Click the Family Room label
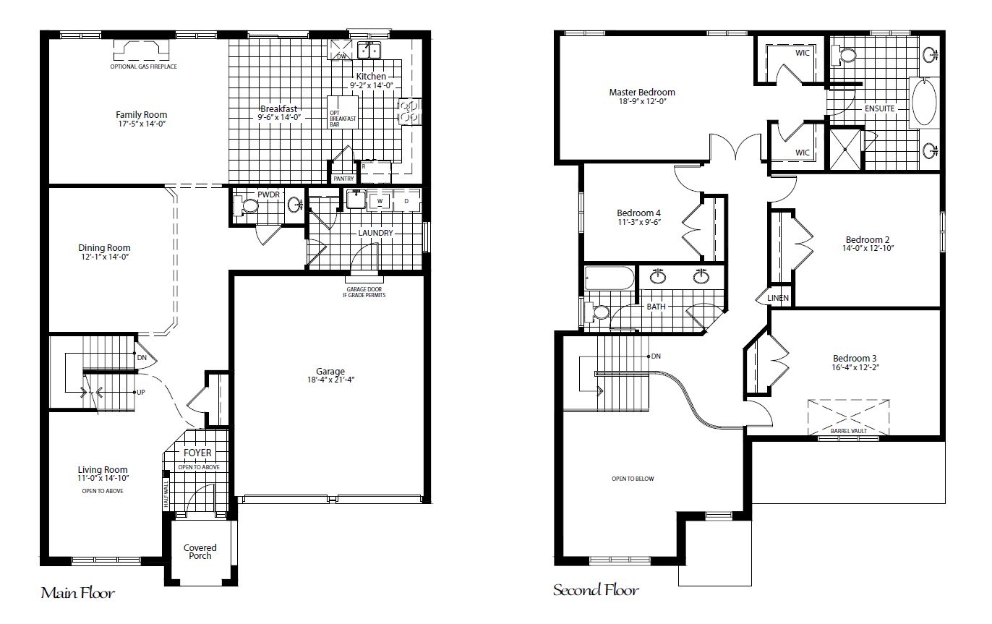coord(141,114)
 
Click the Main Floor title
coord(78,594)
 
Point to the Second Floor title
coord(596,591)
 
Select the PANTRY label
coord(343,178)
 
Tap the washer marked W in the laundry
coord(380,200)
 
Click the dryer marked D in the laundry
coord(406,200)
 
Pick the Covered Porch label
coord(200,552)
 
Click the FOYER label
coord(197,453)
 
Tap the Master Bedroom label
coord(641,92)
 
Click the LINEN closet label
coord(778,298)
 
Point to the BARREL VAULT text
coord(849,431)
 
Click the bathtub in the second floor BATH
coord(609,278)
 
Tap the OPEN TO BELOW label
coord(633,479)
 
